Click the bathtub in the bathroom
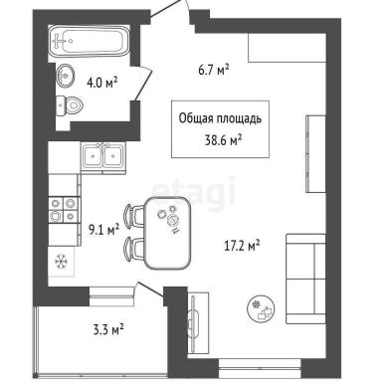click(x=90, y=42)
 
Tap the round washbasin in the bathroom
click(x=65, y=76)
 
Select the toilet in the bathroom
click(x=69, y=105)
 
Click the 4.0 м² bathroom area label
click(x=102, y=82)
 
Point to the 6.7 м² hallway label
click(x=214, y=70)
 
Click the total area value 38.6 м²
click(x=223, y=140)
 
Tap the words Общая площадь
click(x=220, y=118)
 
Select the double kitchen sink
click(x=103, y=156)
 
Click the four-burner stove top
click(x=64, y=210)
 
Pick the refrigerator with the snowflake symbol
click(x=62, y=261)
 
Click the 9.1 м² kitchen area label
click(x=103, y=230)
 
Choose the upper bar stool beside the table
click(x=133, y=215)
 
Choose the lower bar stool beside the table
click(x=133, y=248)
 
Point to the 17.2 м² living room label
click(x=241, y=246)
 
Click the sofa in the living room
click(x=305, y=279)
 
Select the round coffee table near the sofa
click(x=262, y=308)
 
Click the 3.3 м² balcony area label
click(x=108, y=330)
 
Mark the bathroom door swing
click(x=142, y=83)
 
